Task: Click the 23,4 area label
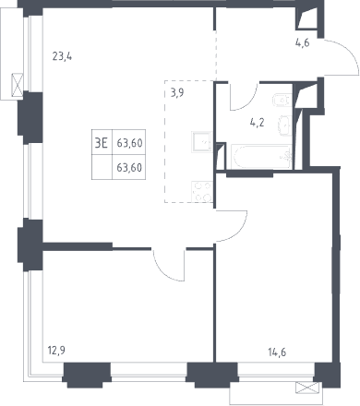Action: click(x=62, y=56)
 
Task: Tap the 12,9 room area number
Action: click(x=56, y=350)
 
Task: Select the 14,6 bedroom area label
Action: click(x=277, y=352)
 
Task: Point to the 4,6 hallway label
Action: click(x=302, y=42)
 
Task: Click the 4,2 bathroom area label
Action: click(x=257, y=123)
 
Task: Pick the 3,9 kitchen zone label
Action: click(x=177, y=92)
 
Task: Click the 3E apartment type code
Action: click(x=102, y=143)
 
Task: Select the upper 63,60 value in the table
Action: click(x=129, y=143)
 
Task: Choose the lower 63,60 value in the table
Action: click(x=129, y=168)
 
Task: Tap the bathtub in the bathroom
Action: click(x=261, y=157)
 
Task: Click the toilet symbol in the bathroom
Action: click(x=282, y=100)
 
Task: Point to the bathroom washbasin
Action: click(x=285, y=125)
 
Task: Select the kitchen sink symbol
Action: click(x=202, y=141)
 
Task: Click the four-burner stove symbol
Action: click(x=202, y=191)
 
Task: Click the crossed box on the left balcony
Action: click(x=18, y=85)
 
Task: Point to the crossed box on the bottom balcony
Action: click(x=307, y=388)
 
